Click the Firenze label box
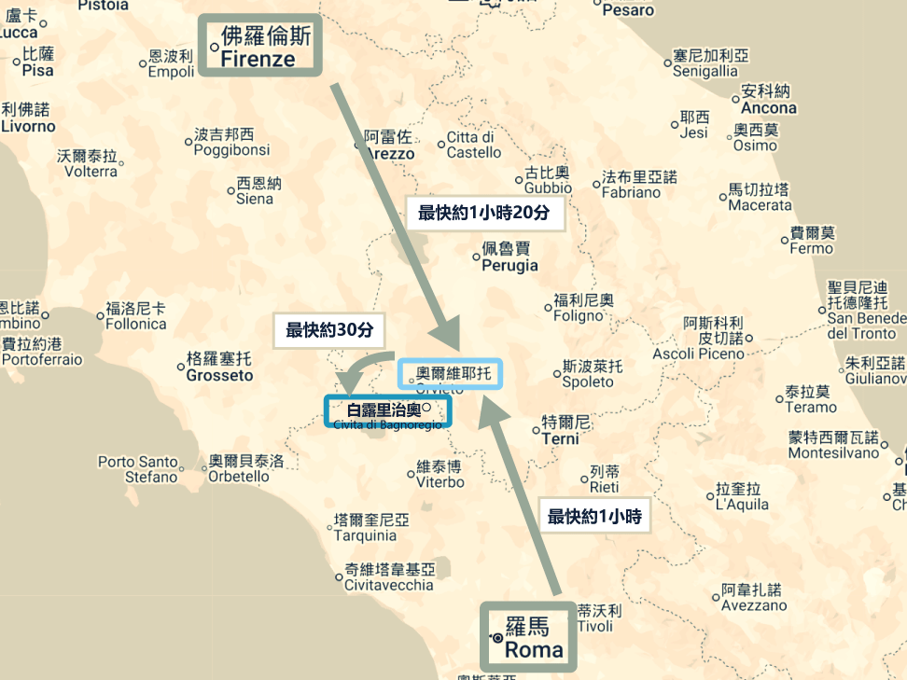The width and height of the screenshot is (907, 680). [259, 46]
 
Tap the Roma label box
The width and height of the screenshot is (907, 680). [528, 637]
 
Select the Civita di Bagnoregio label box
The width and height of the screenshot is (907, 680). [386, 411]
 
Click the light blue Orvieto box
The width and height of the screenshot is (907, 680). [450, 374]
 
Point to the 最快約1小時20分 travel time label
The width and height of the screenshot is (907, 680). [483, 213]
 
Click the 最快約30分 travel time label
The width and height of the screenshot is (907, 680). [328, 329]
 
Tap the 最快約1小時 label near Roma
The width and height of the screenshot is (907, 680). [593, 516]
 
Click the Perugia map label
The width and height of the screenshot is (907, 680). [509, 257]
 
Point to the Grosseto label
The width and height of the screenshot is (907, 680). [219, 367]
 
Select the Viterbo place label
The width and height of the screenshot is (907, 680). [440, 474]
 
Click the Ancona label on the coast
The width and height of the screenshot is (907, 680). [768, 100]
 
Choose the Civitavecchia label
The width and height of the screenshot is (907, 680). [389, 577]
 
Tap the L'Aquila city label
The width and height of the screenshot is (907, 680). [742, 496]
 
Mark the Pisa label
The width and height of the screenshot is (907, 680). [38, 62]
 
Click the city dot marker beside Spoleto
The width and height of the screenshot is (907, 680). [555, 374]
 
